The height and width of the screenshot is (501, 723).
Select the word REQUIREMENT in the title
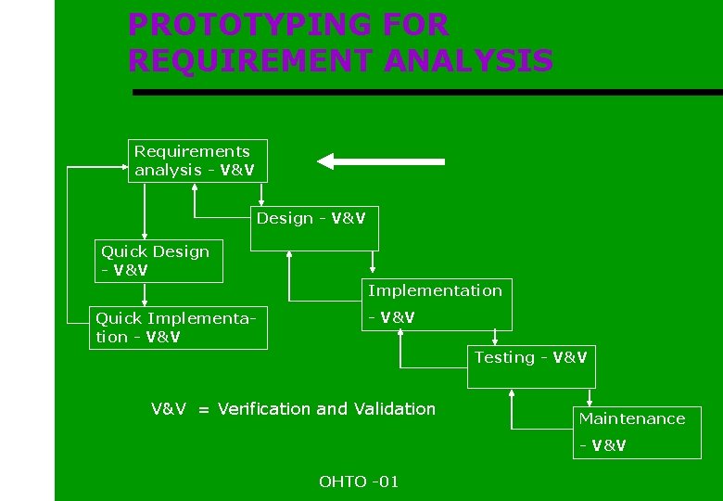[250, 61]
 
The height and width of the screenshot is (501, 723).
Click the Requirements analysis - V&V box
[197, 161]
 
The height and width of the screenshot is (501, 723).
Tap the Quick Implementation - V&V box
[178, 328]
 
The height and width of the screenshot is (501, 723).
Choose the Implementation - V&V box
[436, 304]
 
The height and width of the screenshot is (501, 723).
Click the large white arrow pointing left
[380, 161]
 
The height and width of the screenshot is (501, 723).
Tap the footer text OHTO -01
[359, 482]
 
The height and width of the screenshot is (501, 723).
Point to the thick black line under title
[426, 92]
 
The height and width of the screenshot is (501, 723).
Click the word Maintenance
[632, 418]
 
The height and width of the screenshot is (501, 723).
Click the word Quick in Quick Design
[123, 251]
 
